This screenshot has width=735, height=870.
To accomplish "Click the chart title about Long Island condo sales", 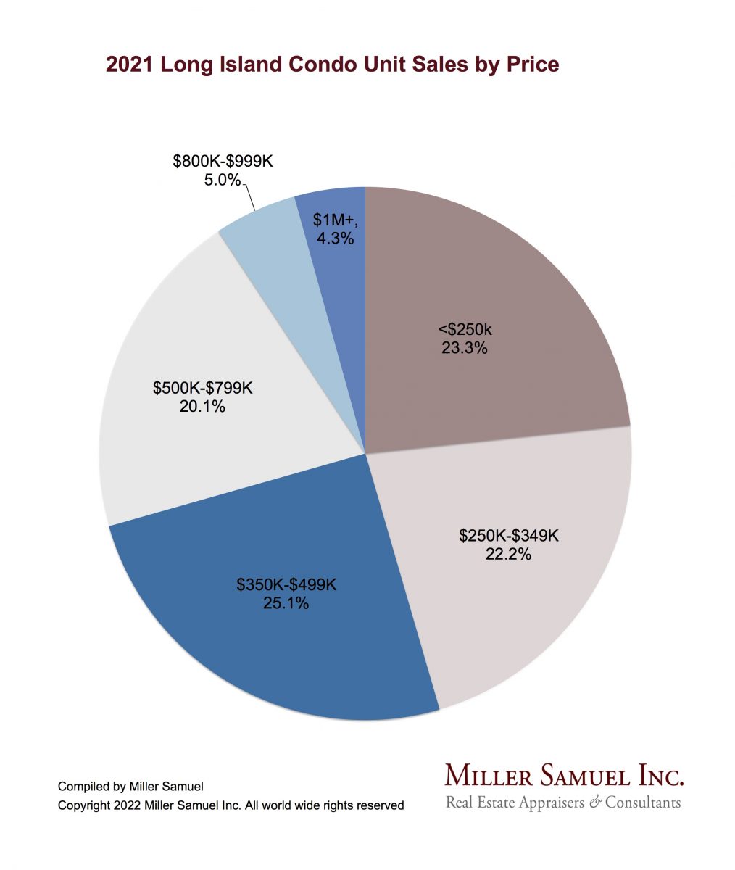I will (332, 65).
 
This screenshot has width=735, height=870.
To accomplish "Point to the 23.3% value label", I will (464, 347).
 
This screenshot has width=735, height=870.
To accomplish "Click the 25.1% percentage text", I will (286, 602).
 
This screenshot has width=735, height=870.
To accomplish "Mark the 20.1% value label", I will (202, 407).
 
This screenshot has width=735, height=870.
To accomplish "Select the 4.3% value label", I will (334, 237).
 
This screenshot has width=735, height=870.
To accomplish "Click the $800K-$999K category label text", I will (223, 161).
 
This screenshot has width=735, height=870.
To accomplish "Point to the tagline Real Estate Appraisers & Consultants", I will (562, 803).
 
